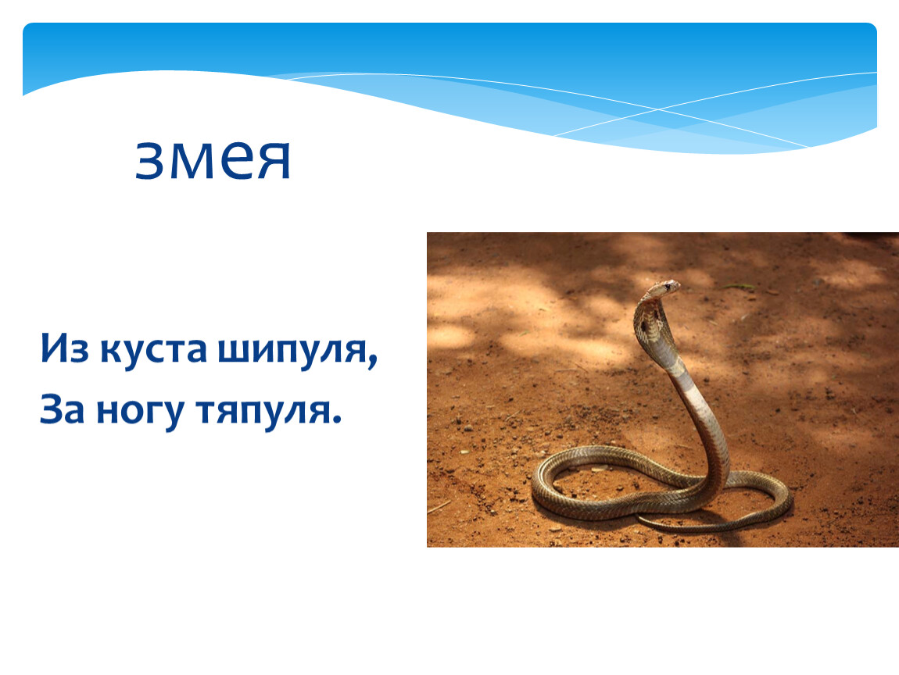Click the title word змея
pos(213,160)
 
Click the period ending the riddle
pos(337,420)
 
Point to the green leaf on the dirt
pos(739,286)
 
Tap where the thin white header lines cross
pos(659,109)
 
